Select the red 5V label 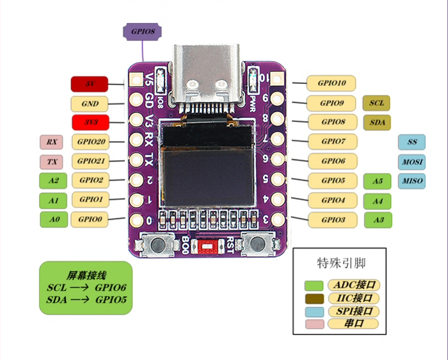click(89, 83)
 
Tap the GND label click(90, 103)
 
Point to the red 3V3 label click(89, 122)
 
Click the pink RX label click(51, 142)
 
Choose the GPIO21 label click(90, 161)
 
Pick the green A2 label click(53, 181)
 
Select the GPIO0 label click(90, 219)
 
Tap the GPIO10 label click(331, 83)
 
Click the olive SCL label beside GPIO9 click(376, 102)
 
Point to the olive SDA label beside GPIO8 click(376, 122)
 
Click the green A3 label click(378, 220)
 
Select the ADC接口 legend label click(354, 284)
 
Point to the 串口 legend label click(354, 324)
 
